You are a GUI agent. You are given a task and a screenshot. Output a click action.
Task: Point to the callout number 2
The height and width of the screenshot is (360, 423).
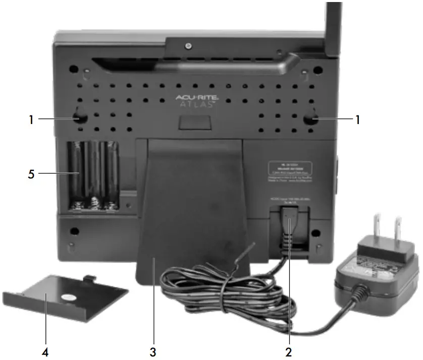click(288, 348)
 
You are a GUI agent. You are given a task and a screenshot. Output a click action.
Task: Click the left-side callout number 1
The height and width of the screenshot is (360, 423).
click(31, 119)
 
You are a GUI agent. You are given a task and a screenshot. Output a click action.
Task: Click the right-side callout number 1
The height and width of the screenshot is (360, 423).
click(358, 119)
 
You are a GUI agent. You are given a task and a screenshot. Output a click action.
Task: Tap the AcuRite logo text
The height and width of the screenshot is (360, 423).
click(196, 97)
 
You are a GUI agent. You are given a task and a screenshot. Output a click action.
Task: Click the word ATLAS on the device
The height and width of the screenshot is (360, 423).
click(196, 105)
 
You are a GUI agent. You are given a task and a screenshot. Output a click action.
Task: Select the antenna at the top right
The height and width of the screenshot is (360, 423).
click(333, 28)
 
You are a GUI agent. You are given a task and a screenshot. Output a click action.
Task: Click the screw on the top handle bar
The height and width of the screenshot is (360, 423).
click(188, 46)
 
